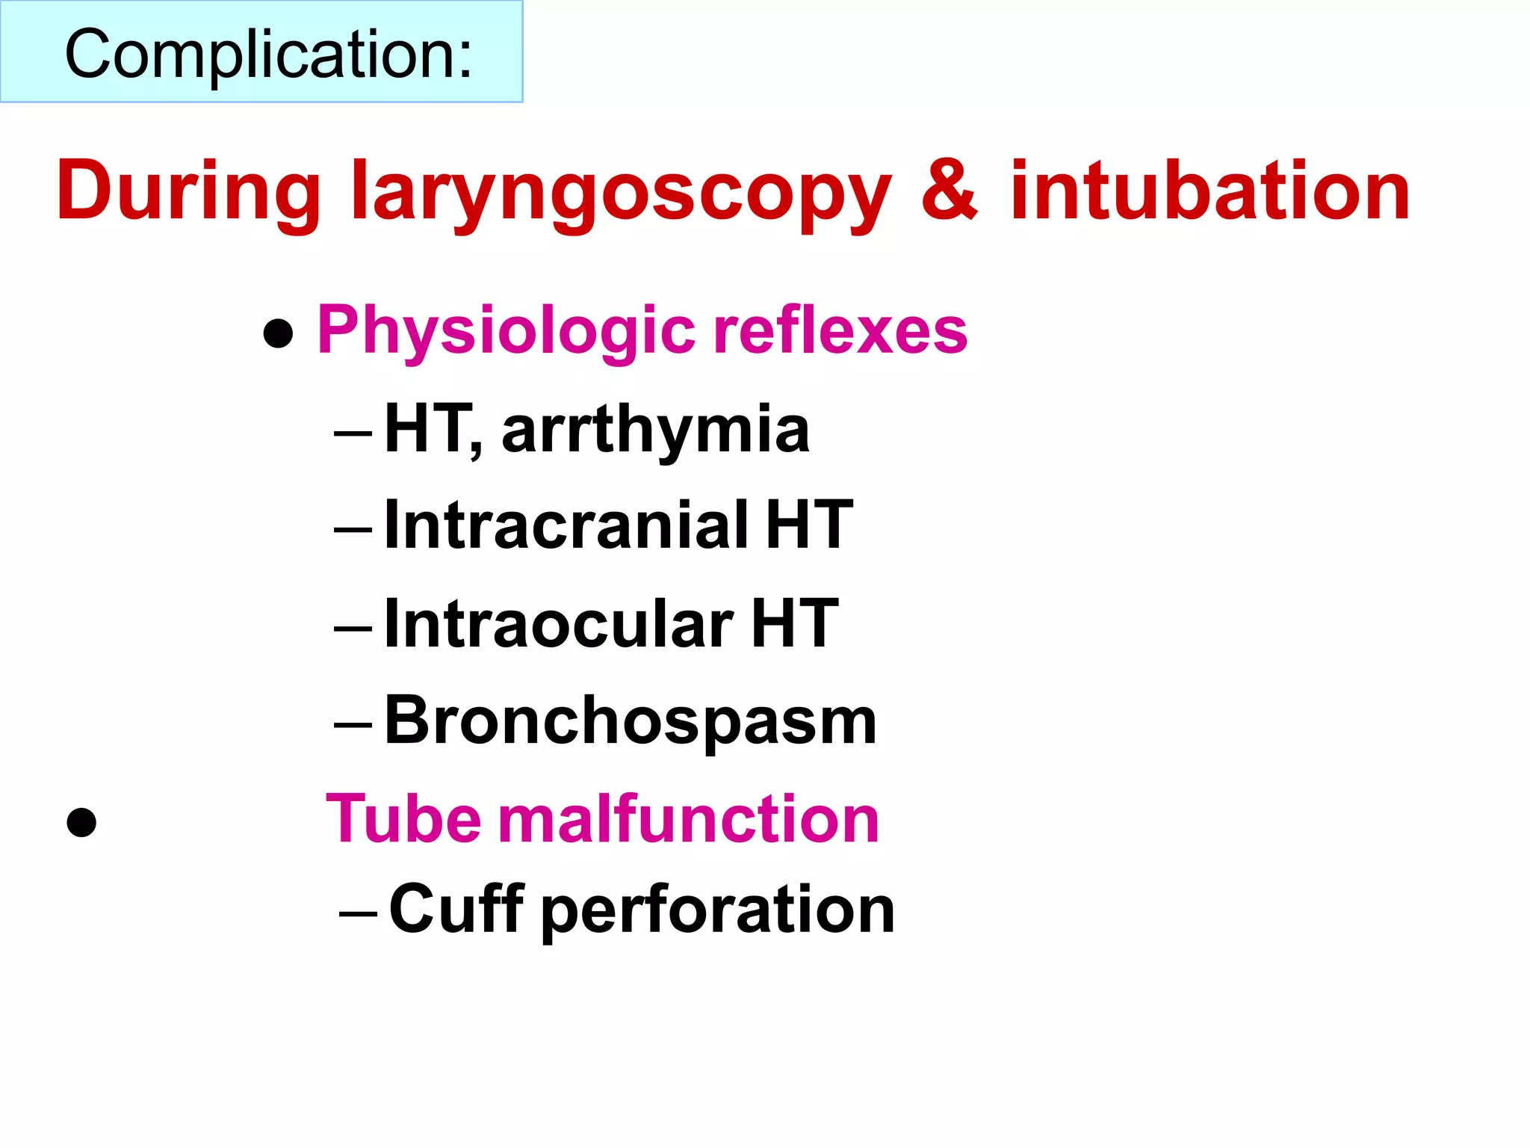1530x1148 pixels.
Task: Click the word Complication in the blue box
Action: click(268, 54)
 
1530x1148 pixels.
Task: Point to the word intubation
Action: click(1210, 191)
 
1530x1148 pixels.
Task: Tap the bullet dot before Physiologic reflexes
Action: click(278, 333)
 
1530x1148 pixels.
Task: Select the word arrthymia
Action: click(655, 429)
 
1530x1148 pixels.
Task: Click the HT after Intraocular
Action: click(795, 623)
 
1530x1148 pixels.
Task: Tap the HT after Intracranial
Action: click(809, 525)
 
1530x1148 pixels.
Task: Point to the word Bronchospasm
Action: click(631, 720)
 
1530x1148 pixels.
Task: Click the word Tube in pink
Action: click(403, 819)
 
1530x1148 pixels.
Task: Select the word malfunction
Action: click(689, 819)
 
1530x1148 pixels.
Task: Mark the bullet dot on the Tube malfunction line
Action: click(81, 823)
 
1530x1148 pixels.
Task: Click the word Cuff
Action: click(456, 909)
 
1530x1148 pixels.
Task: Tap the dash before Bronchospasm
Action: click(353, 724)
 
